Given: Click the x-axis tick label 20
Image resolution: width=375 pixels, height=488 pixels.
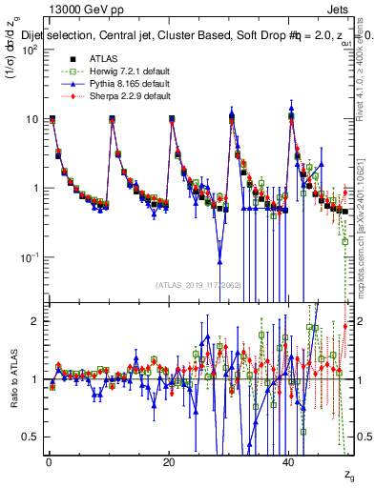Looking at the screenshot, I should click(x=169, y=462).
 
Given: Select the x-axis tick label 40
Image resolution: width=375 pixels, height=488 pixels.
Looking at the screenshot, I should click(x=290, y=462).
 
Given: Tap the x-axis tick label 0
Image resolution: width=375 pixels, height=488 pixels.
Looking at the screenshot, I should click(x=48, y=462).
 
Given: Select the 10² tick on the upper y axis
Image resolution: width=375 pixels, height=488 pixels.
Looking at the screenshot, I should click(x=30, y=50).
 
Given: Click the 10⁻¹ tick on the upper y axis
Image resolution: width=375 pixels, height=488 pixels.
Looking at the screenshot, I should click(x=30, y=257).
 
